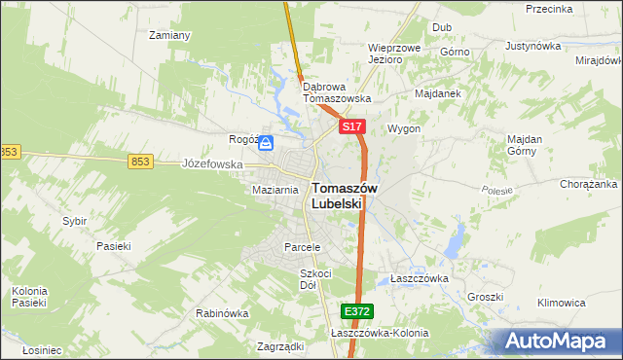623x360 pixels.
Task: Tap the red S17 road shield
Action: click(352, 127)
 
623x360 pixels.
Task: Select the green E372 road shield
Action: click(356, 310)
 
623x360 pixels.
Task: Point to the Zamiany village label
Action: click(168, 35)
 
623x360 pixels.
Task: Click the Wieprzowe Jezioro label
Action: click(393, 53)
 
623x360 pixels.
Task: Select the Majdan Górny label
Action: click(525, 144)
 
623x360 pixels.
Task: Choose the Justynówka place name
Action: click(535, 46)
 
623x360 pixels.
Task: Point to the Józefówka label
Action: click(212, 164)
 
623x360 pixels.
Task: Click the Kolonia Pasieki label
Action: click(29, 297)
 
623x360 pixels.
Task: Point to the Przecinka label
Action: click(548, 8)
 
